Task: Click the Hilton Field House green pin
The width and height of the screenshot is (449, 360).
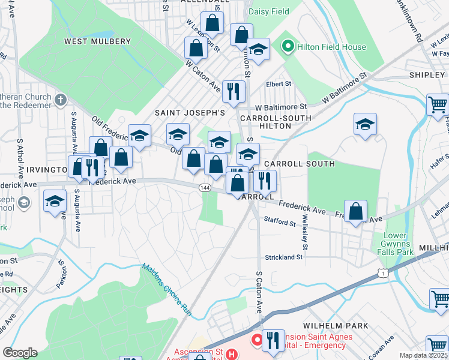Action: [288, 45]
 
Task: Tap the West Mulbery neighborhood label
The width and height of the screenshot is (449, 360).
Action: [97, 41]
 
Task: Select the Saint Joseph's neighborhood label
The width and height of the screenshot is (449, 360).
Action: [190, 112]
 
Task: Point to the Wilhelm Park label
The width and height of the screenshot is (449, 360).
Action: [336, 326]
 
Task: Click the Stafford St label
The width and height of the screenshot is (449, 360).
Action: [280, 223]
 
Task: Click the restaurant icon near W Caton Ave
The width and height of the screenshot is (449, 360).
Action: [233, 91]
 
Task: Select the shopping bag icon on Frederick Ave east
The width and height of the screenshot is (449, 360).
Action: [356, 212]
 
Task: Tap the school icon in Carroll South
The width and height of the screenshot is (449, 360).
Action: [365, 125]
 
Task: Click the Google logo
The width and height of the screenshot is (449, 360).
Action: [20, 353]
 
